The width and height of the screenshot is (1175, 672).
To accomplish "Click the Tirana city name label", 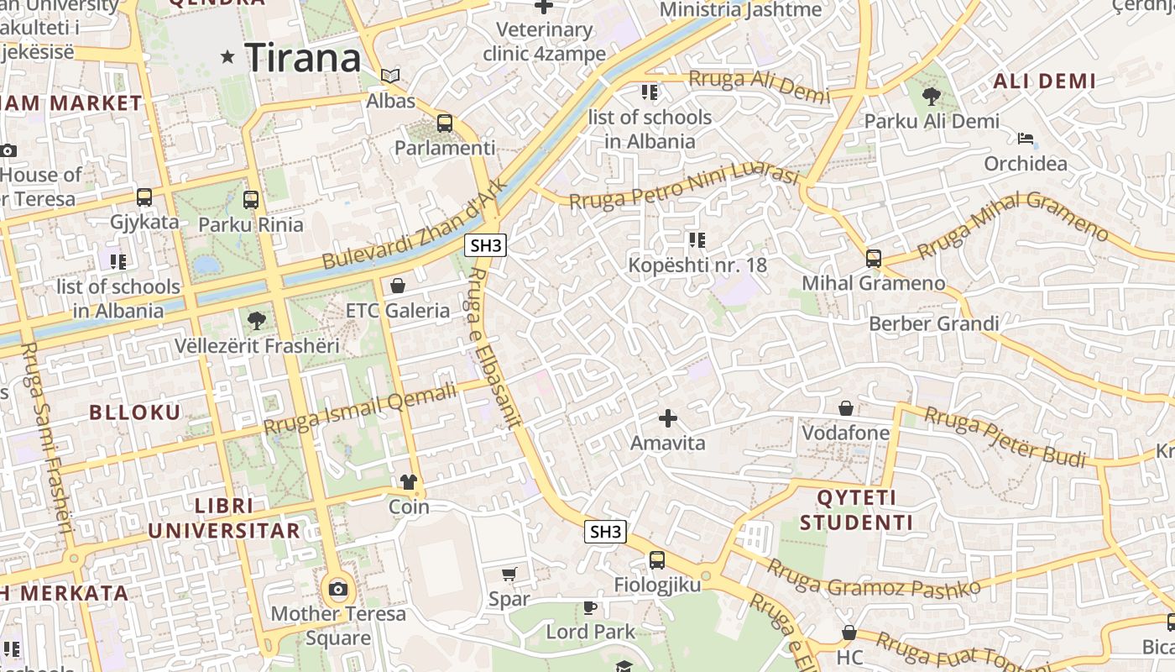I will pyautogui.click(x=303, y=58).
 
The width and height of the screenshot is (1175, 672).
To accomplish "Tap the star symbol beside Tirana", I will pyautogui.click(x=227, y=57).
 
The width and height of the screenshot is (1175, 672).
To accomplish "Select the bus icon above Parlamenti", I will pyautogui.click(x=445, y=123).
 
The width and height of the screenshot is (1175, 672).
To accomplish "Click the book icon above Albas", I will pyautogui.click(x=390, y=76).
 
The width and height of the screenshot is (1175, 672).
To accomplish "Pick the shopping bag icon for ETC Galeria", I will pyautogui.click(x=398, y=286).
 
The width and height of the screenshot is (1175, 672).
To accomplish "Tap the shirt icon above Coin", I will pyautogui.click(x=409, y=481).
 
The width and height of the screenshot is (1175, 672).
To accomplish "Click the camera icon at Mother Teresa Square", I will pyautogui.click(x=338, y=589).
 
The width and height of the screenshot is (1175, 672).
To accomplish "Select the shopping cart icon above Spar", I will pyautogui.click(x=509, y=575).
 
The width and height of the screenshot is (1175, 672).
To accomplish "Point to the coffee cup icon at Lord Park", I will pyautogui.click(x=590, y=606).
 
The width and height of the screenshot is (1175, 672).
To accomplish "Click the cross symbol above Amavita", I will pyautogui.click(x=668, y=417).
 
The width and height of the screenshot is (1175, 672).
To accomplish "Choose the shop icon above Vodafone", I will pyautogui.click(x=846, y=408).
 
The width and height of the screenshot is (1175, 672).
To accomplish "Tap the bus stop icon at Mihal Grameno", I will pyautogui.click(x=874, y=258).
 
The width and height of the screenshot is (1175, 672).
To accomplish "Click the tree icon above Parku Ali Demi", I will pyautogui.click(x=932, y=97).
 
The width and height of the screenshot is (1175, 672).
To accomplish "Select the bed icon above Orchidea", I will pyautogui.click(x=1025, y=139).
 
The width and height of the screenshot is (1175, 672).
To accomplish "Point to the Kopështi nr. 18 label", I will pyautogui.click(x=697, y=265).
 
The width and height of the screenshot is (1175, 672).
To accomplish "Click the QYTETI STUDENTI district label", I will pyautogui.click(x=856, y=510).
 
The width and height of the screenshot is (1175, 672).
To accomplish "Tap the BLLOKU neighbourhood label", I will pyautogui.click(x=134, y=412).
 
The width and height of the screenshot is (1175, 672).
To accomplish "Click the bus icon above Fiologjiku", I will pyautogui.click(x=657, y=559).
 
